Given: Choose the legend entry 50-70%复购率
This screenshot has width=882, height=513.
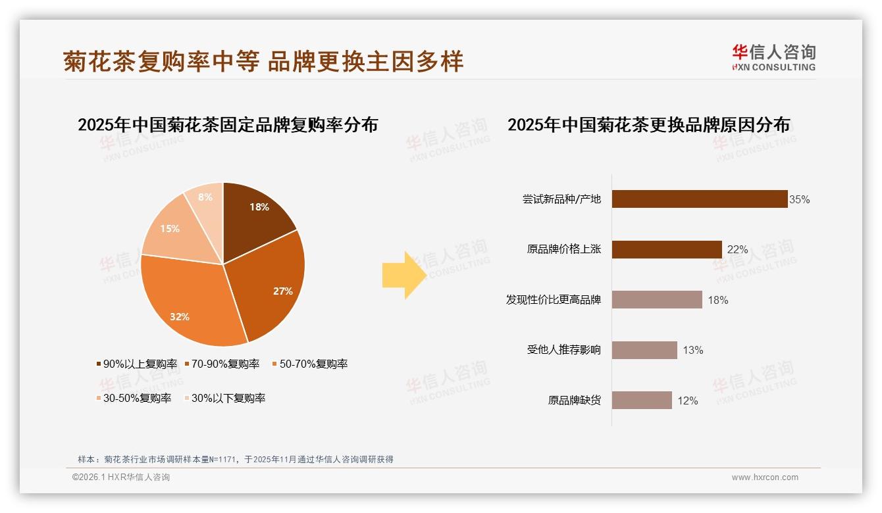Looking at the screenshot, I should [x=309, y=364].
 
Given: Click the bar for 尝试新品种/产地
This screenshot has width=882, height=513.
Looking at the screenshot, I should [x=700, y=199].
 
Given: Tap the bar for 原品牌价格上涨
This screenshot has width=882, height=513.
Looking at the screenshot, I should [x=667, y=249].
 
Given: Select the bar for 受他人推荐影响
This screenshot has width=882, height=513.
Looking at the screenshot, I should [x=644, y=350].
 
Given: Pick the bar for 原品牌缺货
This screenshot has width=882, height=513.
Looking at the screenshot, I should [x=642, y=401].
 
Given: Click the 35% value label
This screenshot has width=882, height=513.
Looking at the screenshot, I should [x=799, y=199].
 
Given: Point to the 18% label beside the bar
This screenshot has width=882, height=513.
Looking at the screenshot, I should [x=717, y=300].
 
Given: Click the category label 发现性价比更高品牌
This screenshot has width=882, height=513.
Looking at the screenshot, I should [x=553, y=300].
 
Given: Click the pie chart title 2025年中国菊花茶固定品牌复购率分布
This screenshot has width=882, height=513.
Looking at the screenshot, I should [x=228, y=125].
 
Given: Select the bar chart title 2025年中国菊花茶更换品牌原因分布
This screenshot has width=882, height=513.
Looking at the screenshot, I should [x=648, y=125].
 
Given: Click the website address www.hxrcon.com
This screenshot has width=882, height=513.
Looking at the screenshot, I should [x=765, y=477].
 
